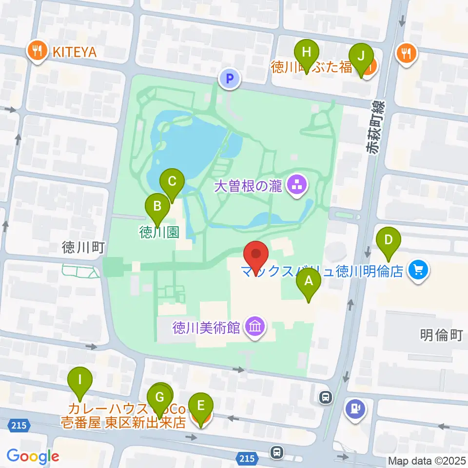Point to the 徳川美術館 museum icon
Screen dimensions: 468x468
[255, 326]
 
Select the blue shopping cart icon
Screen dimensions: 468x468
[418, 270]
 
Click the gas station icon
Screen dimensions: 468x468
[355, 408]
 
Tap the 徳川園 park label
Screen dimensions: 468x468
[159, 232]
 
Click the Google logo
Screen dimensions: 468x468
[33, 456]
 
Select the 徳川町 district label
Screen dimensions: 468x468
[83, 248]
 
